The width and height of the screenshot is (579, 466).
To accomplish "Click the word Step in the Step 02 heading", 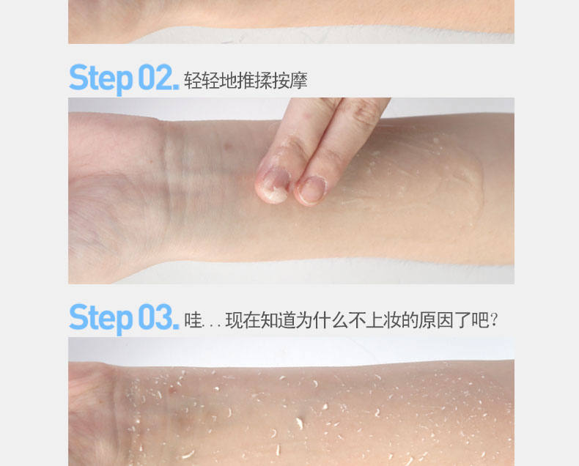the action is pyautogui.click(x=101, y=79).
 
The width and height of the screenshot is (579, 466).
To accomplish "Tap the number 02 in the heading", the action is pyautogui.click(x=155, y=77).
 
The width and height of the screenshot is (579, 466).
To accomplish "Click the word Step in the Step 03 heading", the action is pyautogui.click(x=101, y=319).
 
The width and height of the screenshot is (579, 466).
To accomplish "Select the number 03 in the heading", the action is pyautogui.click(x=155, y=317).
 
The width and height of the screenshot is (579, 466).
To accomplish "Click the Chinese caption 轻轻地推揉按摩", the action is pyautogui.click(x=246, y=81).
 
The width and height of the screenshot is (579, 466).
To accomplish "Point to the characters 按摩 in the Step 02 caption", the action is pyautogui.click(x=290, y=81).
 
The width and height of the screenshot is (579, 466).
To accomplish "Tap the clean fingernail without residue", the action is pyautogui.click(x=311, y=190).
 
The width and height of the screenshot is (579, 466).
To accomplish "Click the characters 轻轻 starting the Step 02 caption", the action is pyautogui.click(x=202, y=81).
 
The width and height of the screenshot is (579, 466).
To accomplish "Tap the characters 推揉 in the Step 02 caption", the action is pyautogui.click(x=254, y=81).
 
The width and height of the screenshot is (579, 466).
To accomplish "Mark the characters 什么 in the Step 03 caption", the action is pyautogui.click(x=331, y=320).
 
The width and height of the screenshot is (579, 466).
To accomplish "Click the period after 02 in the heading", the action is pyautogui.click(x=176, y=87).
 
